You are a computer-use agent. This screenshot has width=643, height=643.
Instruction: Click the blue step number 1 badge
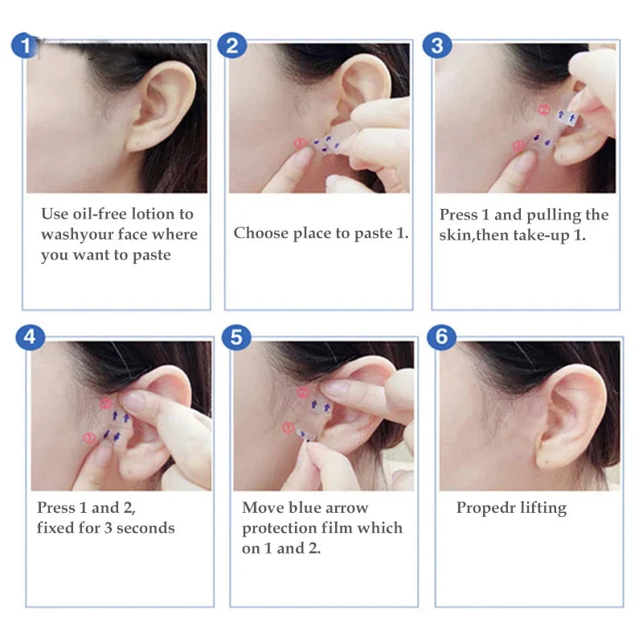coord(27,45)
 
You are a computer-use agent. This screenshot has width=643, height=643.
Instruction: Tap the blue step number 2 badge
coord(231,45)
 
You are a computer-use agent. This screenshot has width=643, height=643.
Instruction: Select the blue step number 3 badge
coord(436,45)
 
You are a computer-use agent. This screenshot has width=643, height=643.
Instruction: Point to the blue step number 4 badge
coord(30,337)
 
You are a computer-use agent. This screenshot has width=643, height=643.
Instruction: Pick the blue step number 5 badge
coord(235,337)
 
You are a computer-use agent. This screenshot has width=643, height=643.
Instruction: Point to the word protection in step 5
coord(281,528)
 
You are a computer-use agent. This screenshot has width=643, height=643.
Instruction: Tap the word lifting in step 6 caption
coord(542,508)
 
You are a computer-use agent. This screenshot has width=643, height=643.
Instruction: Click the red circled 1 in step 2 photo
coord(299,144)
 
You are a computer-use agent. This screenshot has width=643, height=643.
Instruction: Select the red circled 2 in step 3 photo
coord(543,110)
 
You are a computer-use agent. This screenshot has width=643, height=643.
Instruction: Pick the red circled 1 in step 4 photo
coord(88,436)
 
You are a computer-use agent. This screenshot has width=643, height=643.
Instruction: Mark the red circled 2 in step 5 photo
coord(302,392)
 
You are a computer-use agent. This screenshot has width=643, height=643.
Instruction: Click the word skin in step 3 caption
coord(456,235)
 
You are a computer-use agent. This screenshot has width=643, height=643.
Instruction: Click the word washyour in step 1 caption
coord(76,235)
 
